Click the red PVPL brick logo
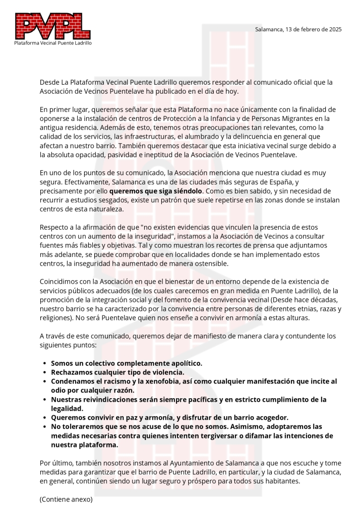coord(53,26)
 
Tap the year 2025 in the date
coord(334,29)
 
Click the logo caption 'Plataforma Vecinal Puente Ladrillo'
coord(53,43)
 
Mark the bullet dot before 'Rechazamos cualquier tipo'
coord(45,372)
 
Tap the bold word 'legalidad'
coord(68,409)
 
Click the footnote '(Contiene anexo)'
coord(66,499)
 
